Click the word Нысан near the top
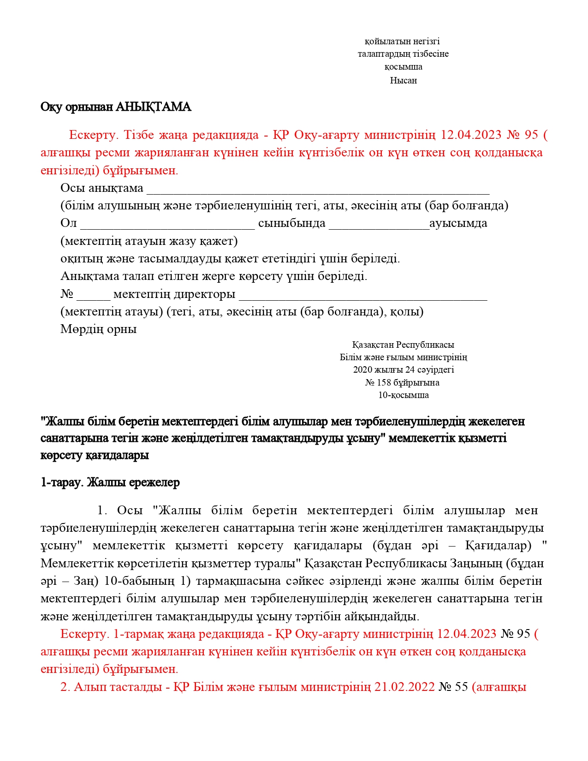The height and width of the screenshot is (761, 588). tap(403, 80)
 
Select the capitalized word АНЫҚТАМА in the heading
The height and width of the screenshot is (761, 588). tap(153, 107)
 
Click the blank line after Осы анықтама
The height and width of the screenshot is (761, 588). tap(318, 189)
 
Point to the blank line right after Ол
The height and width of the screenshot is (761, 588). tap(167, 224)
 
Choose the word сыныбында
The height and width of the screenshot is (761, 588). tap(291, 223)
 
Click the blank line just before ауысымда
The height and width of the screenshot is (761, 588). tap(379, 224)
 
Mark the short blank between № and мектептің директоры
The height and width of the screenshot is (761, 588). tap(94, 295)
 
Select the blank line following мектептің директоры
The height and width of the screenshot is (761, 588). tap(363, 295)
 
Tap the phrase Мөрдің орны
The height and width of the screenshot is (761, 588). tap(98, 329)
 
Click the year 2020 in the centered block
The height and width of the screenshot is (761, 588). tap(362, 369)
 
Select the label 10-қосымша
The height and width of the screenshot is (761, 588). tap(403, 395)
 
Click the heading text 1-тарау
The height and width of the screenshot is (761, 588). tap(62, 483)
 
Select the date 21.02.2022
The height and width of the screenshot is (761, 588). tap(404, 687)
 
